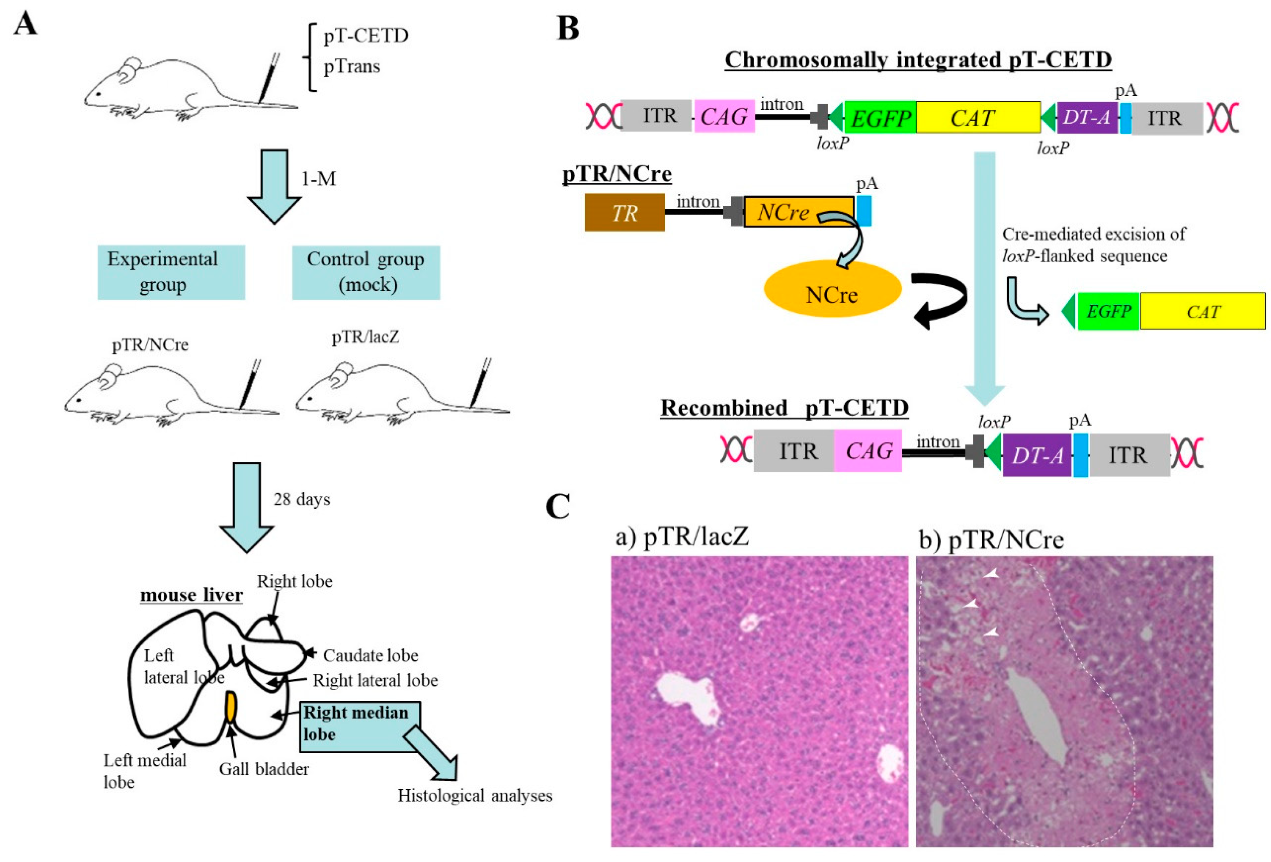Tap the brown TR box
624,212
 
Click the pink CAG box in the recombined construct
868,451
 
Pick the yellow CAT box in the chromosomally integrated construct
978,117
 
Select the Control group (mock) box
366,272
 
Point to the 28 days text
302,499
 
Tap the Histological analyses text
475,795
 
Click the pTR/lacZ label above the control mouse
365,337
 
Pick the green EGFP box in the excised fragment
1108,312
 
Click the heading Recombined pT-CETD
784,408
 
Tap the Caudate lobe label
370,655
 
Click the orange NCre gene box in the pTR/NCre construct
798,212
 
